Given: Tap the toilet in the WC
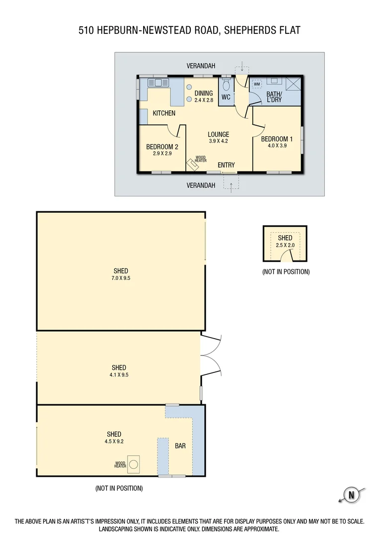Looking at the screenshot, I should (227, 85).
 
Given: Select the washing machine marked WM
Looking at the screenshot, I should (257, 84).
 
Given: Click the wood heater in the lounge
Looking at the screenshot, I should (192, 164).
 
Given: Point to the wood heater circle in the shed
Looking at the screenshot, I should (133, 464).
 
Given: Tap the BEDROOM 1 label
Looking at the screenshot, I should (277, 139).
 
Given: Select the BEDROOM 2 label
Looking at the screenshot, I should (162, 147).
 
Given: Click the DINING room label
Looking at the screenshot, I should (203, 93).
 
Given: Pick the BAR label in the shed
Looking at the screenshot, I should (180, 446).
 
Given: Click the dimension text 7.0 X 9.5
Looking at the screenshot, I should (121, 278).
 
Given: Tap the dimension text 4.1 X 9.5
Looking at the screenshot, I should (119, 375).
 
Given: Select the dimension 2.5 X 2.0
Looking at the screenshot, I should (285, 245).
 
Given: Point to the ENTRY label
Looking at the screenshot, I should (226, 165).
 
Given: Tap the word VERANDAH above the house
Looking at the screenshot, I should (201, 66).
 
